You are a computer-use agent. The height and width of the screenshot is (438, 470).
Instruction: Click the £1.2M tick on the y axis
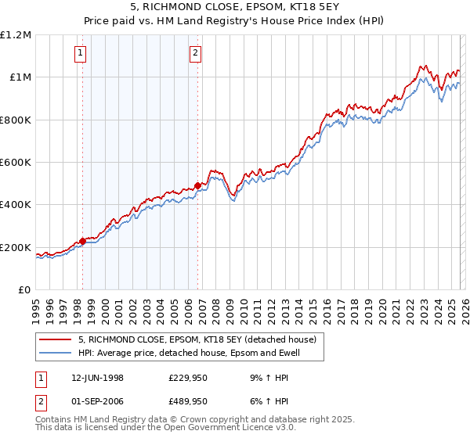click(x=16, y=35)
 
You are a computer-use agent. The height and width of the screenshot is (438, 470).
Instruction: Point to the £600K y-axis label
click(x=16, y=163)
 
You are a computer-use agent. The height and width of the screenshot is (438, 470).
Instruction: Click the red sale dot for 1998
click(x=83, y=241)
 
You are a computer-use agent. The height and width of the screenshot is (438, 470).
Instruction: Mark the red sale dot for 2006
click(x=197, y=185)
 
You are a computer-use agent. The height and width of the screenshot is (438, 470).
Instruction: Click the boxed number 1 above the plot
click(x=81, y=53)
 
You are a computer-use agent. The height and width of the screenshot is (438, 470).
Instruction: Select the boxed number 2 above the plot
click(x=195, y=53)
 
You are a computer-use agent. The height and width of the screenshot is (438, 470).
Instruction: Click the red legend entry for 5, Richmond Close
click(x=197, y=339)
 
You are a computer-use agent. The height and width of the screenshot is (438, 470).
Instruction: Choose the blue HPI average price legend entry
click(x=189, y=353)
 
